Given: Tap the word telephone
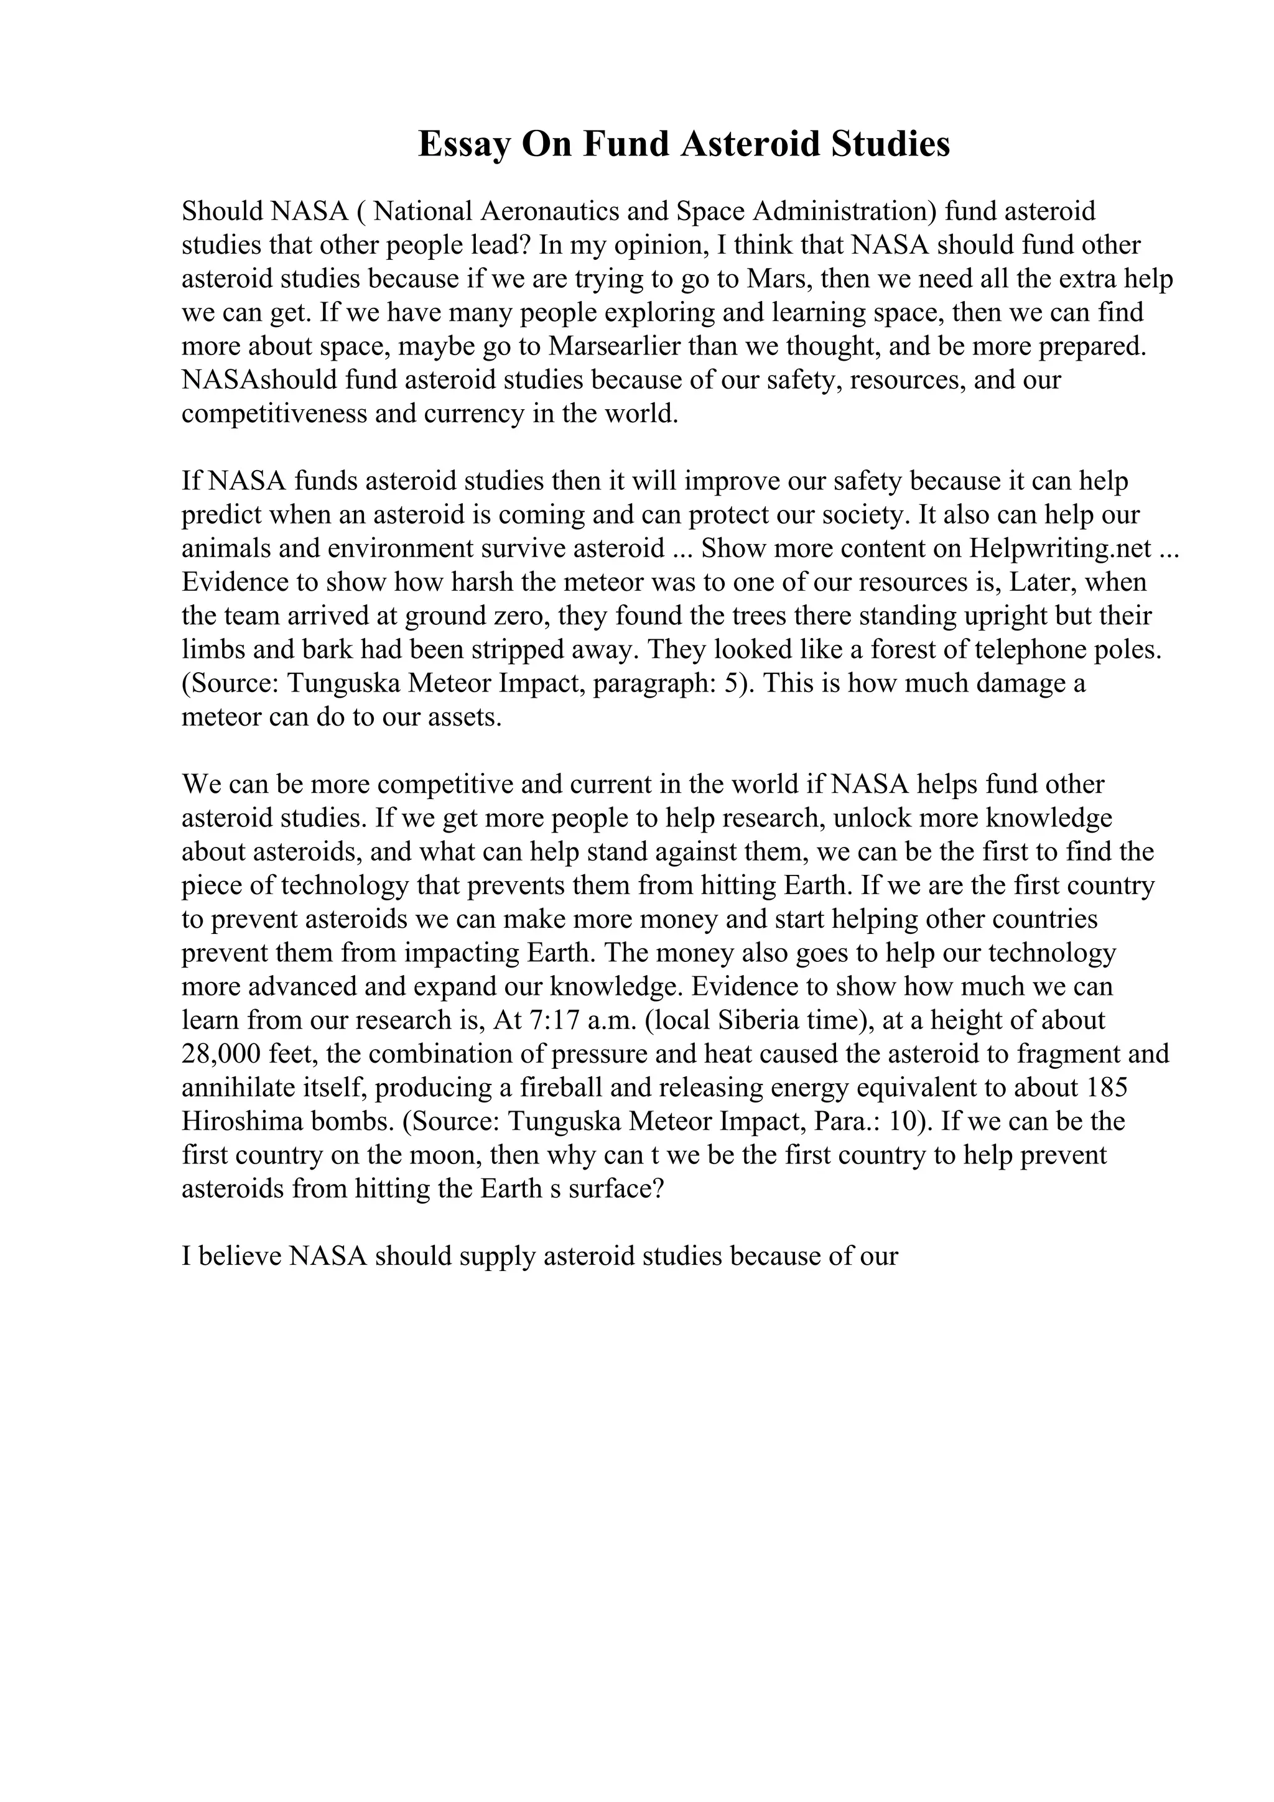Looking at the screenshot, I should click(x=1033, y=650).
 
